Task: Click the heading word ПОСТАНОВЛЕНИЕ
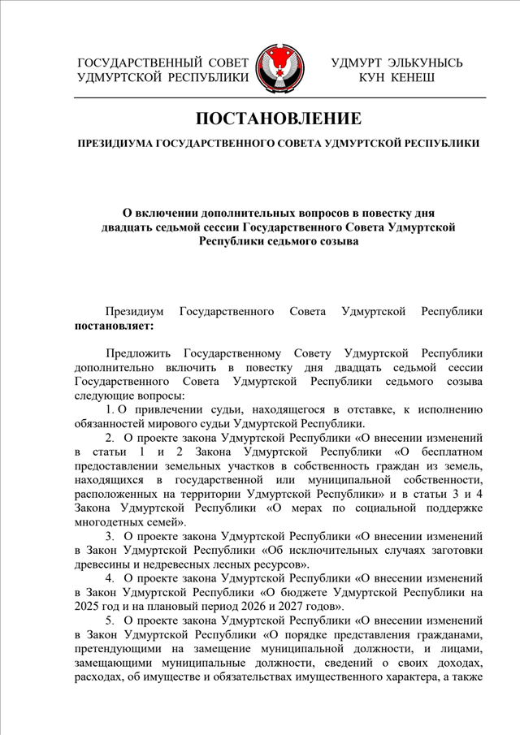(x=279, y=119)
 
